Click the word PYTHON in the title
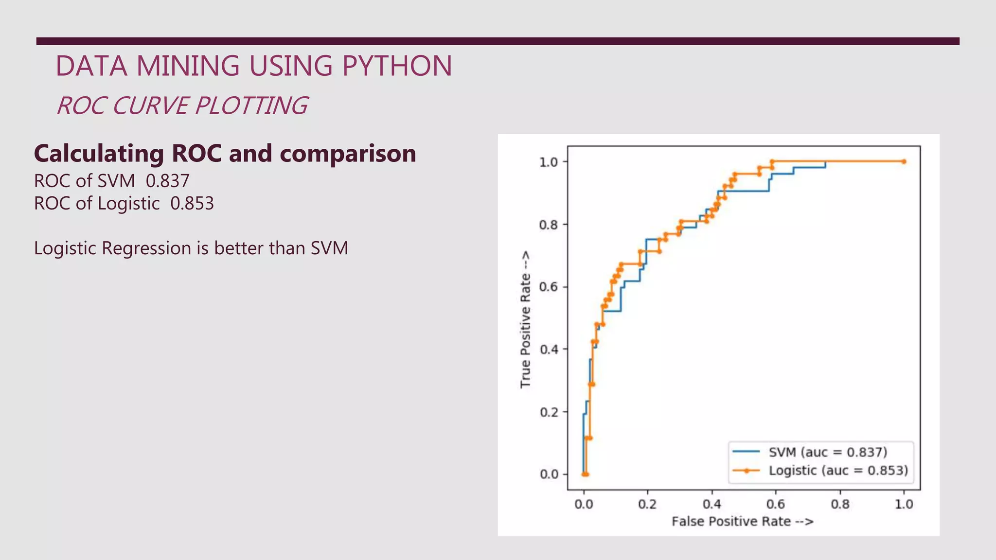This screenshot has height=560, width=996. (397, 66)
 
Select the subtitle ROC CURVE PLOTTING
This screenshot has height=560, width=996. (182, 106)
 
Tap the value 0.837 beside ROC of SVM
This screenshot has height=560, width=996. (167, 181)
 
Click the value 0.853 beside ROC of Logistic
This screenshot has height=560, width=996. (192, 203)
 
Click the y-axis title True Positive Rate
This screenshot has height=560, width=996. (525, 319)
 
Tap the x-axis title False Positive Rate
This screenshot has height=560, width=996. (742, 522)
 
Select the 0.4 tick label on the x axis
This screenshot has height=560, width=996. (711, 504)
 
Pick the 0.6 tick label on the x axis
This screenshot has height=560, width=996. (776, 504)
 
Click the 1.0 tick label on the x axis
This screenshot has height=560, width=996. (904, 504)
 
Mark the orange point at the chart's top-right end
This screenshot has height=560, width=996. (904, 161)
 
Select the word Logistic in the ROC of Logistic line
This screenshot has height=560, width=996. (128, 203)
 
